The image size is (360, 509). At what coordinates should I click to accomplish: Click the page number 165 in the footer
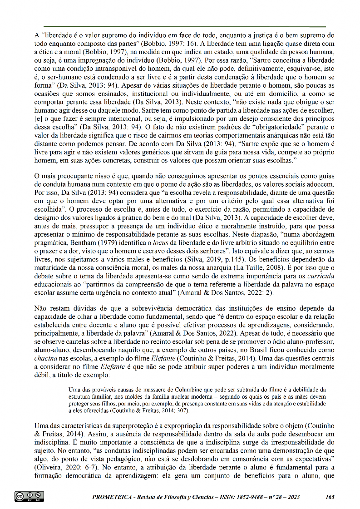coord(330,497)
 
